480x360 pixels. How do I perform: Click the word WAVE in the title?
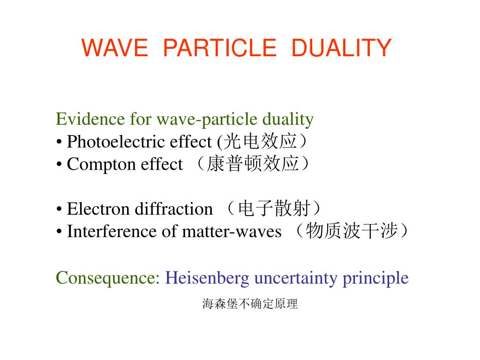pos(115,48)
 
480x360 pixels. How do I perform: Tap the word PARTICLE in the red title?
pos(220,48)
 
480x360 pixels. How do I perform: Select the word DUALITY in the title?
pos(341,48)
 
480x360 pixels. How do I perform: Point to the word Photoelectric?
pos(139,142)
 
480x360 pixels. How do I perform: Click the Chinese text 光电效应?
pos(260,141)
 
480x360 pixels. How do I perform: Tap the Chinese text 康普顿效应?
pos(253,164)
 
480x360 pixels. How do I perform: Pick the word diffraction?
pos(174,209)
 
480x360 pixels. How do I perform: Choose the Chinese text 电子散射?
pos(274,208)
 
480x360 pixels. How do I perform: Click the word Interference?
pos(112,231)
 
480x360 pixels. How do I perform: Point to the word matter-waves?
pos(232,232)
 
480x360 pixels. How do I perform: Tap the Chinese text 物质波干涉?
pos(352,231)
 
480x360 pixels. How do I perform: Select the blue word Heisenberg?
pos(207,278)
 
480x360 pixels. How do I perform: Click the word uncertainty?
pos(296,278)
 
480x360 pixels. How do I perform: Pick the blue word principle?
pos(375,278)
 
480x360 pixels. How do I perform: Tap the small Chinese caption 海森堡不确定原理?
pos(250,304)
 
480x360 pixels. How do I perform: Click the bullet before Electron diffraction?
pos(59,210)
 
